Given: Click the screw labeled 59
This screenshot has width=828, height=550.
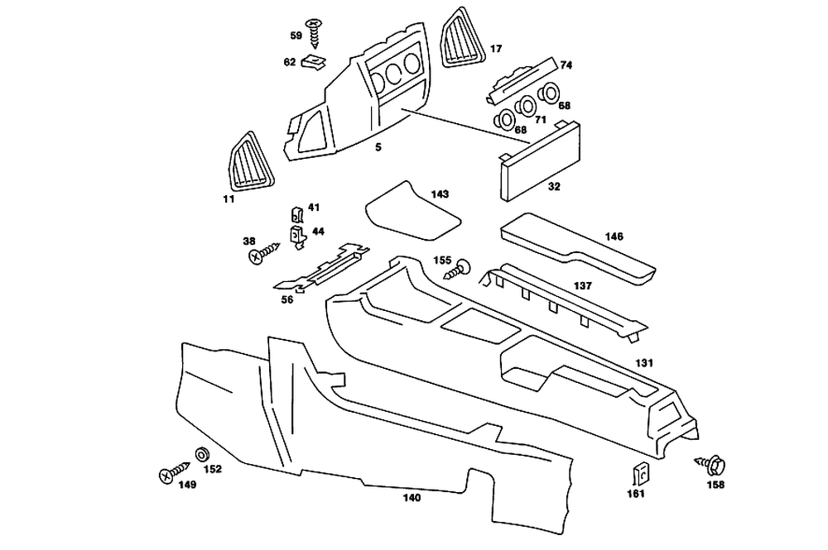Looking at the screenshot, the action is click(315, 33).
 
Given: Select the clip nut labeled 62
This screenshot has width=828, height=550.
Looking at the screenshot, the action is click(314, 63).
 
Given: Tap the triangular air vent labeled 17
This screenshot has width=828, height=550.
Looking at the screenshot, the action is click(461, 39).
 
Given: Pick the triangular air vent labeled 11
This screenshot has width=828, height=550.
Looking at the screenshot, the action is click(251, 161).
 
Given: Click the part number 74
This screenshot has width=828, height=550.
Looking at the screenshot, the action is click(566, 65).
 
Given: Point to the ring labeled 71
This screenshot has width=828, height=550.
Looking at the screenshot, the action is click(527, 107).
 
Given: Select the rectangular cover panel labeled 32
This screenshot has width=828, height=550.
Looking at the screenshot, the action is click(540, 160).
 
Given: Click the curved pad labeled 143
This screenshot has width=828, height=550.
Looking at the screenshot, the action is click(412, 212).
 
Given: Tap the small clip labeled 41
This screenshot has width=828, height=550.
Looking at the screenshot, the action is click(297, 214).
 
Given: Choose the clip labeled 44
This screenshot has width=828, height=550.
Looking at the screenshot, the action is click(298, 237).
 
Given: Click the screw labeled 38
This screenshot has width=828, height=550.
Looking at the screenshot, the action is click(263, 253).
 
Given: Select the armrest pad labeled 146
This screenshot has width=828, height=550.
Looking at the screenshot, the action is click(578, 247).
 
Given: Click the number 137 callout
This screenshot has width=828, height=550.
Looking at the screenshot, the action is click(582, 286).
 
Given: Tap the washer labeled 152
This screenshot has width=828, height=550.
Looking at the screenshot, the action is click(202, 454).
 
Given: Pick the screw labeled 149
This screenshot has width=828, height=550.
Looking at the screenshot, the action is click(174, 471).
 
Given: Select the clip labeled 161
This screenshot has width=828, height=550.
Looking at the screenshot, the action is click(641, 474).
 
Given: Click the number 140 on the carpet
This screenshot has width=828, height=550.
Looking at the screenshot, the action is click(412, 497).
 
